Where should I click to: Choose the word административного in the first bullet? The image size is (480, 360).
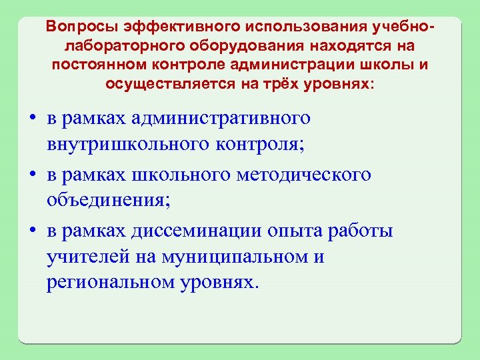pos(223,118)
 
